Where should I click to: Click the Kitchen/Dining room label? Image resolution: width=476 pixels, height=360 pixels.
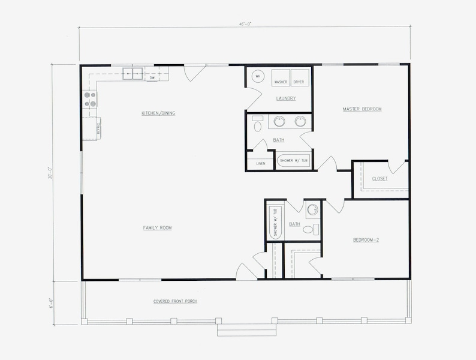click(158, 113)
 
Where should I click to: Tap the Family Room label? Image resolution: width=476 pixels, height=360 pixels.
click(158, 228)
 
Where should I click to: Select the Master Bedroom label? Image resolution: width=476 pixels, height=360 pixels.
click(362, 109)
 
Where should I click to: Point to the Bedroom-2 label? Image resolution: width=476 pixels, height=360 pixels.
click(366, 240)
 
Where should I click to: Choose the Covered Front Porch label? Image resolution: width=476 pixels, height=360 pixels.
click(174, 301)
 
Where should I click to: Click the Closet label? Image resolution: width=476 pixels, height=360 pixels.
click(379, 179)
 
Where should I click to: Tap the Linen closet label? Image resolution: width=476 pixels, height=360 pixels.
click(260, 163)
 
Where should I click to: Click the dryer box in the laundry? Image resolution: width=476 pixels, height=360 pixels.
click(299, 81)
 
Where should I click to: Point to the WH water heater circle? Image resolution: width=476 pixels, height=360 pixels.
click(257, 76)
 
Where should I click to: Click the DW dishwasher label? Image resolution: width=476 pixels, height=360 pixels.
click(152, 78)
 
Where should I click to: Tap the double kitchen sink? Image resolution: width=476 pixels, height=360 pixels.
click(132, 74)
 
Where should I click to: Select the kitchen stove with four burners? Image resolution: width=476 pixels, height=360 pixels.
click(89, 100)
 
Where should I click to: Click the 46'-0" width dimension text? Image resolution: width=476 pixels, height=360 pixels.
click(245, 24)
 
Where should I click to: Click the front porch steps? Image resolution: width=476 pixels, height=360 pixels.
click(246, 331)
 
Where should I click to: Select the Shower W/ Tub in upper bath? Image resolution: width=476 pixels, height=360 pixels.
click(293, 161)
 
